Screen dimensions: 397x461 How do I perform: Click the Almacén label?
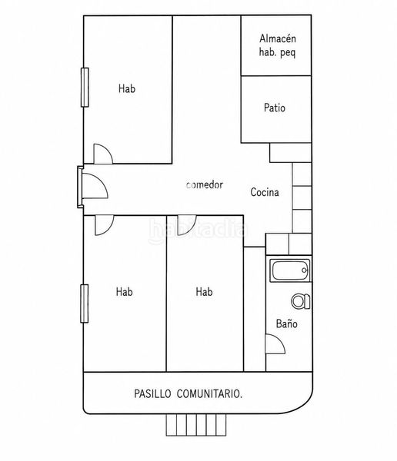tap(278, 38)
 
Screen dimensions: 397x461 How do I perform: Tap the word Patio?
tap(275, 108)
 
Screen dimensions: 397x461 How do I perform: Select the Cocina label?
tap(265, 192)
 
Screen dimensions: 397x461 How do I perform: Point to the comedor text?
tap(205, 184)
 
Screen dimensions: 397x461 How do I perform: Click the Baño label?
tap(286, 323)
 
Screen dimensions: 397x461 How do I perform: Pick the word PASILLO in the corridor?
tap(152, 393)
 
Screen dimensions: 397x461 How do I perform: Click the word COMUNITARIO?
tap(209, 393)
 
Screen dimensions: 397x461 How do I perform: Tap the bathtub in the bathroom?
tap(290, 270)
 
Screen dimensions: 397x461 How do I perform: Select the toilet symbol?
tap(301, 301)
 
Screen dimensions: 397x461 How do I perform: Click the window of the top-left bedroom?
tap(85, 87)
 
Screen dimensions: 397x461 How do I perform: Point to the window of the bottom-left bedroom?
tap(85, 303)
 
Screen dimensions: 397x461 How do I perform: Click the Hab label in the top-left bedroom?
tap(127, 88)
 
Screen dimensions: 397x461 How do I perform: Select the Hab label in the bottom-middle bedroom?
tap(204, 292)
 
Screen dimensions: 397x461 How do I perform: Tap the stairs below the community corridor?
tap(196, 425)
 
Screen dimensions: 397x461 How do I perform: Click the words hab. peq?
tap(277, 52)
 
